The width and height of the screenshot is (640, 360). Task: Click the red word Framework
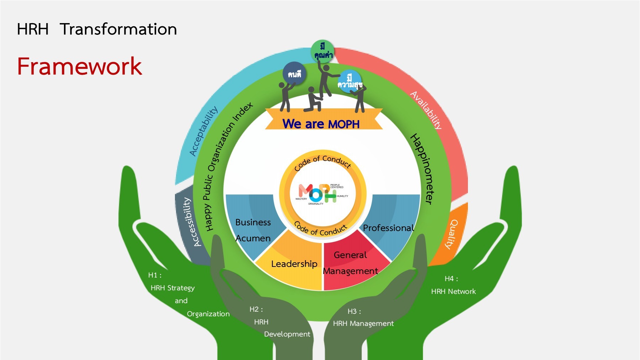[79, 66]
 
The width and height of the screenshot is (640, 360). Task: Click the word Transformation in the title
[118, 29]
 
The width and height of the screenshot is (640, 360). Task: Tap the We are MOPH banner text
[321, 124]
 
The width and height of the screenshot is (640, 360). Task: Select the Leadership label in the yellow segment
[294, 264]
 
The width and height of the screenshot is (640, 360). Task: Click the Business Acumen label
[253, 230]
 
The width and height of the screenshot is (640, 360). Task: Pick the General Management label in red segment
[350, 263]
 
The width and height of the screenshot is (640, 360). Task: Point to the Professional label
[388, 228]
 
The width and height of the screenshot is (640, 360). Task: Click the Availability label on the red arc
[426, 110]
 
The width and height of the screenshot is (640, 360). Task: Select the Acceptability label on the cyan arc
[203, 131]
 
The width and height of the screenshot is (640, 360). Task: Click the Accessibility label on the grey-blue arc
[192, 222]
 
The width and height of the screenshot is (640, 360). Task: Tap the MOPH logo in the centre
[318, 193]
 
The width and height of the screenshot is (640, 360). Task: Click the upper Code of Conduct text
[322, 162]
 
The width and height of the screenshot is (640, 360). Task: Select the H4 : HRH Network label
[453, 285]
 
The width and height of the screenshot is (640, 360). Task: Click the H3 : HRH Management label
[363, 318]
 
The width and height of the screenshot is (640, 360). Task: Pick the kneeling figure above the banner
[313, 100]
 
